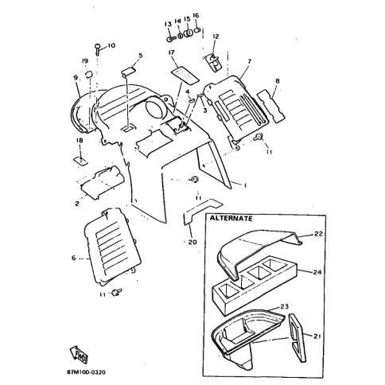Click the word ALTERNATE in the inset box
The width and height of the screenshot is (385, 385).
point(231,219)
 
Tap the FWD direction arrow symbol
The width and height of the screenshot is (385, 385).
point(79,355)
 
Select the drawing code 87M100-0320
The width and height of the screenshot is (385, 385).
point(86,372)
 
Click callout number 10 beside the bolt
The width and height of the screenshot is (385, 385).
point(111,45)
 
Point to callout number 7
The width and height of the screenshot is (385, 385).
point(249,61)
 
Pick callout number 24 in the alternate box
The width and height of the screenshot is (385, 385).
point(317,272)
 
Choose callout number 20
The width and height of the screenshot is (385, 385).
point(192,242)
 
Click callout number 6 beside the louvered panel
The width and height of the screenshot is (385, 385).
point(73,258)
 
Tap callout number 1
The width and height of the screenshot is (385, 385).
point(245,185)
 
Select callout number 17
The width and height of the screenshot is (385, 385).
point(172,52)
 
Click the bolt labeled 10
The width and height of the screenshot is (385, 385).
point(97,49)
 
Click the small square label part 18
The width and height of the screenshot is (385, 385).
point(80,161)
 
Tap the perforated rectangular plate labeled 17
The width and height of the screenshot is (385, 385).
point(184,76)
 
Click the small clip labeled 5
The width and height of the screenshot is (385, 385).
point(129,72)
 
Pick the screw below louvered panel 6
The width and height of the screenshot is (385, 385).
point(116,292)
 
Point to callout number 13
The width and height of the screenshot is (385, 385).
point(168,25)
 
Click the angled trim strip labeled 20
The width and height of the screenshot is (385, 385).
point(201,209)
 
